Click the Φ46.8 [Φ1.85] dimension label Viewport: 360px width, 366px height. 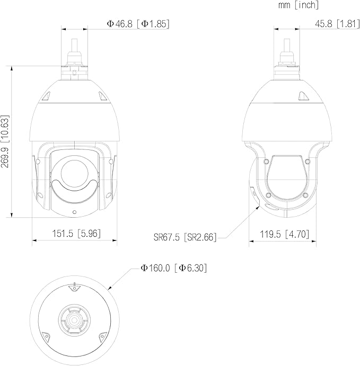pyautogui.click(x=138, y=24)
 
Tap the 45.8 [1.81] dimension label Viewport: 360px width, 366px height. pyautogui.click(x=337, y=24)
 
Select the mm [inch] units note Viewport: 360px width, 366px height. pyautogui.click(x=298, y=5)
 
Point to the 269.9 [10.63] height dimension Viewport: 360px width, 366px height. pyautogui.click(x=5, y=141)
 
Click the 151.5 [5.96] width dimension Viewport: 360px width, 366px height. pyautogui.click(x=76, y=233)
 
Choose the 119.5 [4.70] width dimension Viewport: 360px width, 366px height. pyautogui.click(x=285, y=234)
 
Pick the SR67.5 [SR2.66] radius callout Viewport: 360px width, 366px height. pyautogui.click(x=185, y=237)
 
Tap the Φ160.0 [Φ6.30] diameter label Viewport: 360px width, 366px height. pyautogui.click(x=173, y=268)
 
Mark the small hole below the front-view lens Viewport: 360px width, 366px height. pyautogui.click(x=75, y=212)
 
